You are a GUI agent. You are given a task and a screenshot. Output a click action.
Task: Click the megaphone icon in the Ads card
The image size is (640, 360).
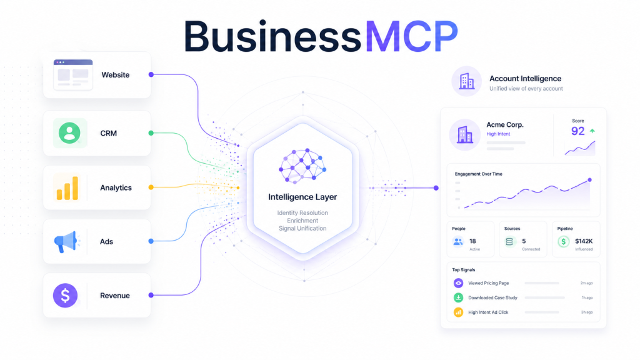[65, 242]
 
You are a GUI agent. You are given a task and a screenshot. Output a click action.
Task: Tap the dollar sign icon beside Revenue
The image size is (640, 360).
[65, 296]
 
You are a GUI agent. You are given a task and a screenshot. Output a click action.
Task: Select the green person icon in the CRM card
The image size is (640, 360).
[69, 133]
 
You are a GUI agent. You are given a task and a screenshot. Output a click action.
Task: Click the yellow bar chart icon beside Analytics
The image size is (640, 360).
[67, 188]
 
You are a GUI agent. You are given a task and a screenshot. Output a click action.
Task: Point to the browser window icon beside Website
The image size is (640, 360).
[73, 74]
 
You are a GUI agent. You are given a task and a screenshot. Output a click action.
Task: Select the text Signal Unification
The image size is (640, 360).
[302, 229]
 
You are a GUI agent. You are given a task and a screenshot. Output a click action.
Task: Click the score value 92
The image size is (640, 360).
[578, 131]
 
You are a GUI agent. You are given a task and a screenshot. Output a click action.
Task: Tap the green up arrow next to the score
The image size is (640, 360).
[592, 131]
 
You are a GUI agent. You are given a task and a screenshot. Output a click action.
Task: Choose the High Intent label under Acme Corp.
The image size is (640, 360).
[498, 134]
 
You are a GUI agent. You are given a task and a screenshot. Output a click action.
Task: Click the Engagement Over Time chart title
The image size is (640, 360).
[478, 174]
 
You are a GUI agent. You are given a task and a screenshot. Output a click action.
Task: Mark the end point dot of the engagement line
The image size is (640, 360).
[589, 180]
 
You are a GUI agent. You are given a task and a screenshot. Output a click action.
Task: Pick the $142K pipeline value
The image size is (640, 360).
[584, 241]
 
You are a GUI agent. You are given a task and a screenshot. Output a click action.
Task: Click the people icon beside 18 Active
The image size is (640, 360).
[458, 242]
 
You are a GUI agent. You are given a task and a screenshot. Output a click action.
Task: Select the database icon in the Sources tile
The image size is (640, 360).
[509, 242]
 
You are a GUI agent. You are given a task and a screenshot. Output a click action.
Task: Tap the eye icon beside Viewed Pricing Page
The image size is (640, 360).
[458, 283]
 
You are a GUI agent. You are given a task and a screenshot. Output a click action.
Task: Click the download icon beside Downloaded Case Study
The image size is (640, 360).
[458, 297]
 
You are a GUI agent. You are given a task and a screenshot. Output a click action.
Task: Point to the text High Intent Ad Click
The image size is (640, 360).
[488, 312]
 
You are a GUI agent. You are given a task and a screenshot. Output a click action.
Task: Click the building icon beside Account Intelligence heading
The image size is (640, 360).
[466, 81]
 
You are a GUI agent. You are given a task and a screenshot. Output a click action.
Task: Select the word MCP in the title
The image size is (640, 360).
[411, 36]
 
